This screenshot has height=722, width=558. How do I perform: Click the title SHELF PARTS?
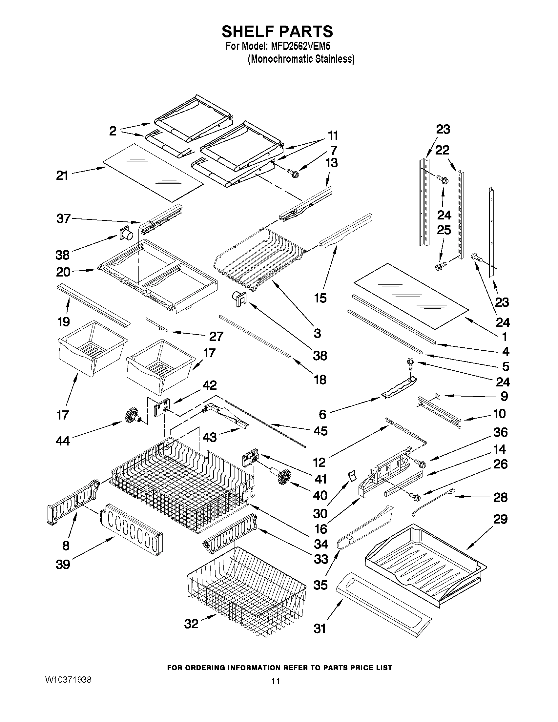[277, 32]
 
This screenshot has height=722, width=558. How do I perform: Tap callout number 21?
[62, 175]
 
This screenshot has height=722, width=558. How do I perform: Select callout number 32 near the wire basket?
[191, 624]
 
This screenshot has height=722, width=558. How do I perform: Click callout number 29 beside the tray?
[500, 519]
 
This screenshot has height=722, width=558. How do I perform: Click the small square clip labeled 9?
[437, 395]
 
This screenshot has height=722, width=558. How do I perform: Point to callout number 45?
[320, 431]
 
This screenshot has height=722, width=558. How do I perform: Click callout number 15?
[320, 298]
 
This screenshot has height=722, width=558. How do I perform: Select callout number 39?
[63, 564]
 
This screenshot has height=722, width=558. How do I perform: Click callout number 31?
[320, 628]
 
